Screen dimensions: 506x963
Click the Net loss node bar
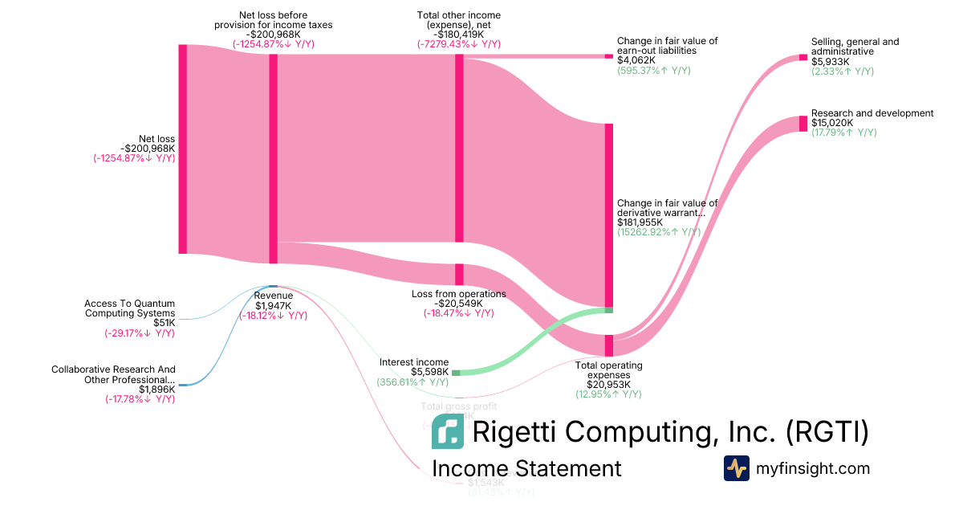tap(183, 149)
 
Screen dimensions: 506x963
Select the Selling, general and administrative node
tap(803, 57)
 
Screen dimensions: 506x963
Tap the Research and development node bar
tap(803, 124)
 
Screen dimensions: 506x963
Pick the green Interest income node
tap(456, 373)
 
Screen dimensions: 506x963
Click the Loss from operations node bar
tap(459, 274)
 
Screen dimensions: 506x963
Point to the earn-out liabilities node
tap(608, 56)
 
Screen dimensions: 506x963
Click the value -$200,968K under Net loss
tap(148, 149)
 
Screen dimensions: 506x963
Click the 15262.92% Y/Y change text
tap(659, 232)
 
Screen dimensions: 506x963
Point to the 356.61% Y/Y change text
tap(412, 382)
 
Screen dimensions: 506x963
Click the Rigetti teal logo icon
tap(448, 431)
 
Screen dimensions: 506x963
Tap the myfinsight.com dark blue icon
tap(737, 468)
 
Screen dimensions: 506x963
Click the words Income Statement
tap(526, 469)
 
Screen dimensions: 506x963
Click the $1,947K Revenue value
tap(274, 305)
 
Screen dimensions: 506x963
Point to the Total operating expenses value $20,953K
tap(608, 384)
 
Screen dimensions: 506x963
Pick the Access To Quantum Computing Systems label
tap(129, 308)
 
